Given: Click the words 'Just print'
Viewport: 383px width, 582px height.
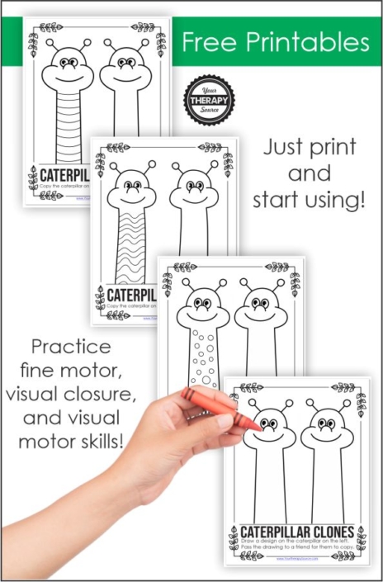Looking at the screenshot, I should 310,149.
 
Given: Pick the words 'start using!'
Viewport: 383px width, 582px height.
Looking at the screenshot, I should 310,201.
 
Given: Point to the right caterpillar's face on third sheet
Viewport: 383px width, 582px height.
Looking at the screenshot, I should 260,309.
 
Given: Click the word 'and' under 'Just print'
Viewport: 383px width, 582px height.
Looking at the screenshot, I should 310,175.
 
